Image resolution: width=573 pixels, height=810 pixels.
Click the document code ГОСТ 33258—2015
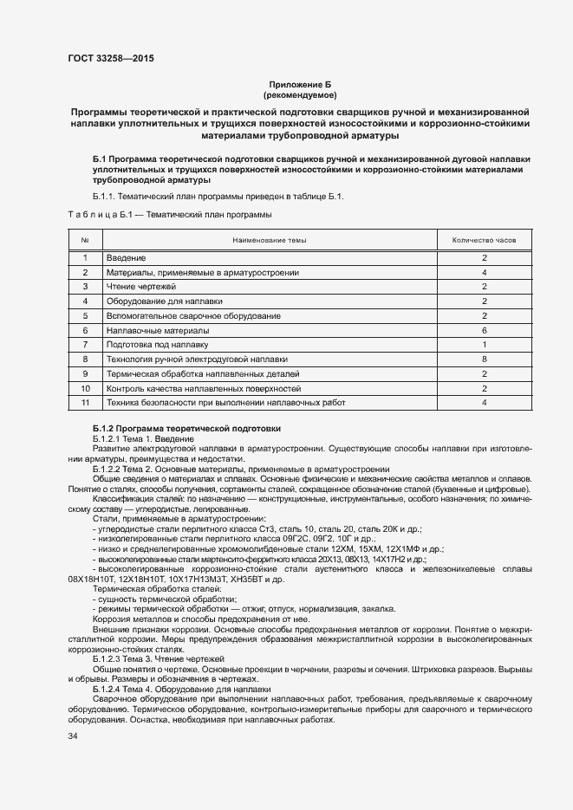[x=110, y=60]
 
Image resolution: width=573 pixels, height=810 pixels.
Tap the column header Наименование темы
[x=268, y=240]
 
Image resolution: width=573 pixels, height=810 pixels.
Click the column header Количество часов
[x=484, y=240]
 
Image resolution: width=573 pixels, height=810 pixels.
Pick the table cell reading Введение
[x=126, y=258]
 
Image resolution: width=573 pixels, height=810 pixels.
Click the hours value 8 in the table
[x=484, y=359]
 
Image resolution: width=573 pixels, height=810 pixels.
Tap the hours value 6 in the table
[x=484, y=330]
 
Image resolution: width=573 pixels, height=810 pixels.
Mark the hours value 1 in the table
[x=484, y=344]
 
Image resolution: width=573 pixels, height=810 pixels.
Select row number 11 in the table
[x=85, y=402]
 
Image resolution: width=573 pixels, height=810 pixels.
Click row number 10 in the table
[x=85, y=388]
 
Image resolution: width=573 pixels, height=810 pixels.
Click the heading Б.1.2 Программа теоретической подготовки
[x=186, y=430]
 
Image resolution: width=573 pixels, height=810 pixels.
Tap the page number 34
[x=72, y=736]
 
